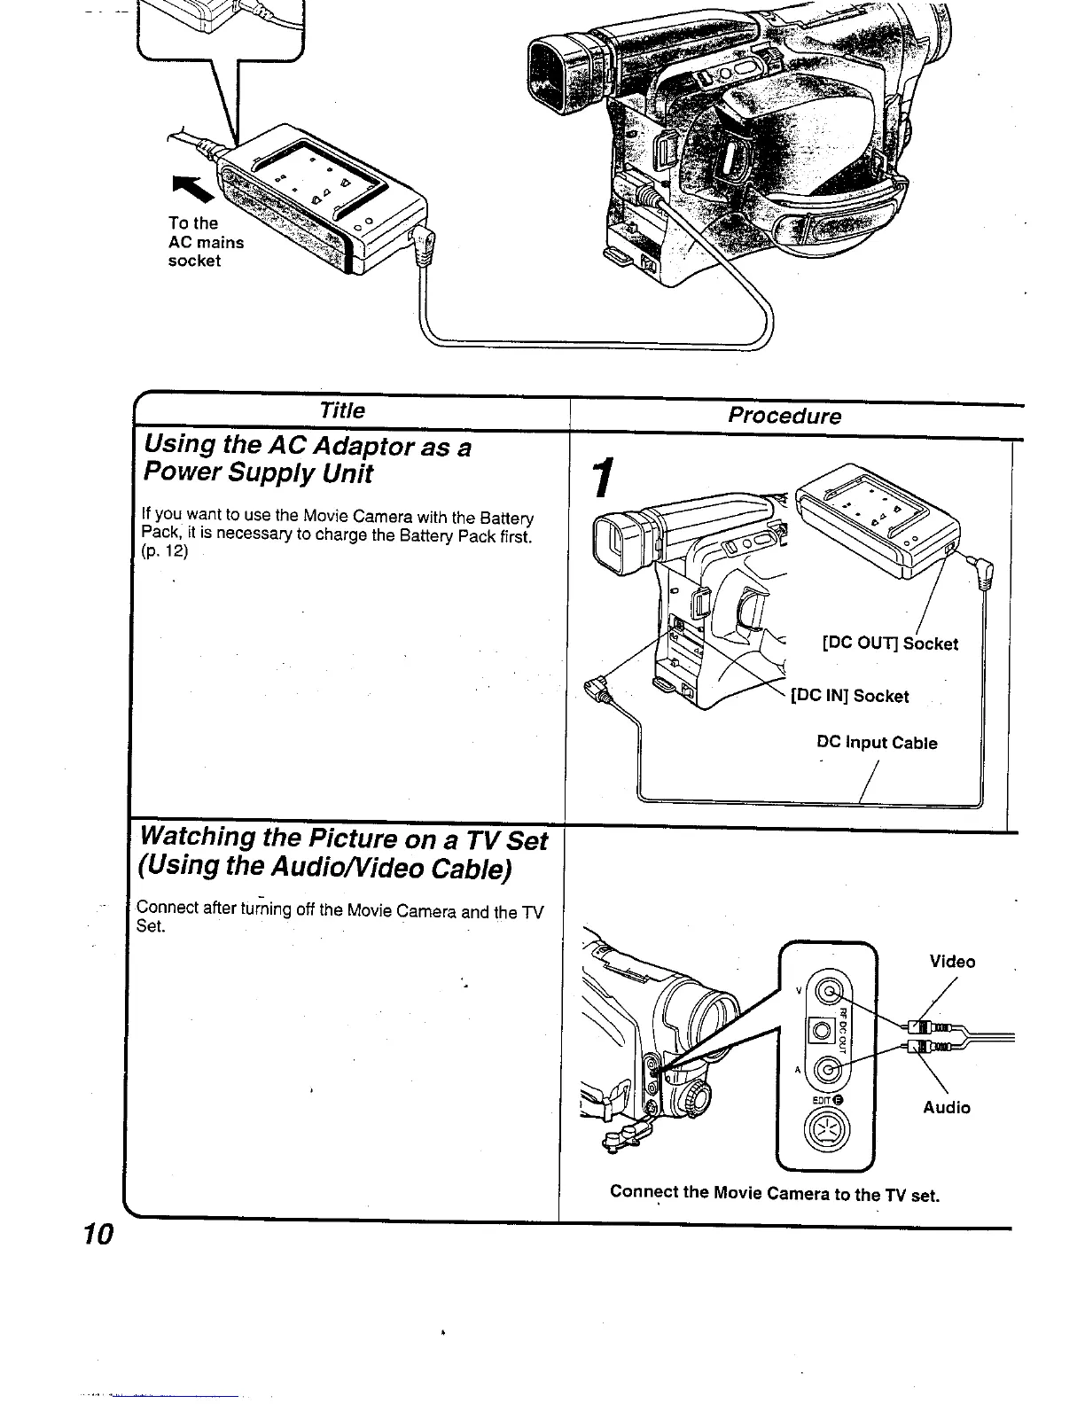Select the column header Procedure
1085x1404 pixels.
coord(784,416)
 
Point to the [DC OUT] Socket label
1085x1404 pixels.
coord(890,643)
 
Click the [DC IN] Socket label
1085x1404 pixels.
coord(850,696)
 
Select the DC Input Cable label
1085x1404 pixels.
coord(877,743)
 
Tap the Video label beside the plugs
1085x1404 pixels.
coord(952,962)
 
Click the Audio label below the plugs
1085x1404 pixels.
coord(947,1107)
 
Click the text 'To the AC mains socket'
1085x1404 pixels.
coord(206,242)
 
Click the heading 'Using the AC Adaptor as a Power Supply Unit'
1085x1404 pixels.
coord(306,459)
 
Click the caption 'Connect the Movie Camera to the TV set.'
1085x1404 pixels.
coord(774,1193)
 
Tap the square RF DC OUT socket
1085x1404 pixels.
coord(822,1030)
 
